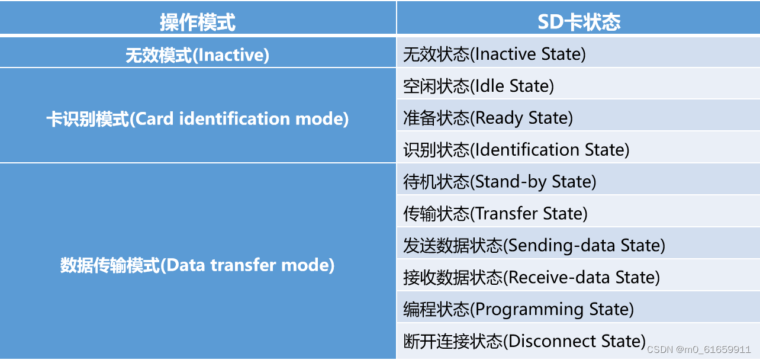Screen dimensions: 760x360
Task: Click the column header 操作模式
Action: (198, 22)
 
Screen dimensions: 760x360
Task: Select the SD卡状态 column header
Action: (578, 22)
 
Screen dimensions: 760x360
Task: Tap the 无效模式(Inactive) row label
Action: (198, 55)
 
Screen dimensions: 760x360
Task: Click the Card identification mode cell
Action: (198, 118)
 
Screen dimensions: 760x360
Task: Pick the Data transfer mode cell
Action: (198, 265)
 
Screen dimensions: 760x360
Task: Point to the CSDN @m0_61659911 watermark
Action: (698, 349)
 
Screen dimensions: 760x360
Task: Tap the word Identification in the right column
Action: (527, 150)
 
